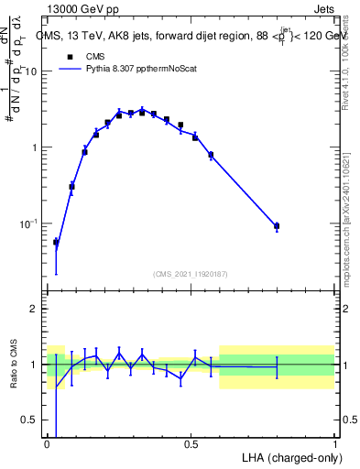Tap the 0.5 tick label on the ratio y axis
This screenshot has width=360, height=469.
pos(32,420)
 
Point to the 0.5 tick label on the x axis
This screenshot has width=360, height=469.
pos(191,443)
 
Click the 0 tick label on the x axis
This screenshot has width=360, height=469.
pos(47,443)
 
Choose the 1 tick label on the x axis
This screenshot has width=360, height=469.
pos(334,443)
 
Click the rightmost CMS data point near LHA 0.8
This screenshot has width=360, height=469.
pos(277,225)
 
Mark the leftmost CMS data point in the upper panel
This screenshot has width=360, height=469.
pos(56,242)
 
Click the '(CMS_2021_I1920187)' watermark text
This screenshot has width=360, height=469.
pos(191,273)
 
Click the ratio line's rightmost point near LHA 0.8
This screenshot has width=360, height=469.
pos(277,366)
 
